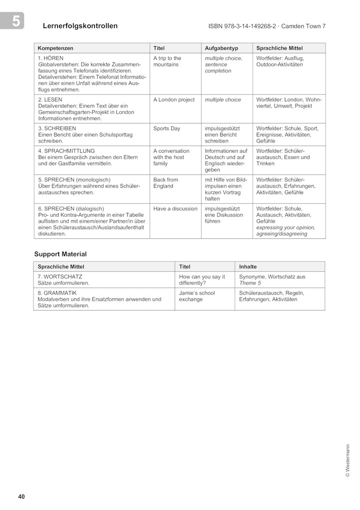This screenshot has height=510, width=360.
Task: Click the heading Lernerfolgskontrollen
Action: point(80,26)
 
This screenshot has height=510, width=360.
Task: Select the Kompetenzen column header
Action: point(55,48)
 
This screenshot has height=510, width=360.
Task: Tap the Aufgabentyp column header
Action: point(221,48)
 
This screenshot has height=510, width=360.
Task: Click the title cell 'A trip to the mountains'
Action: point(167,62)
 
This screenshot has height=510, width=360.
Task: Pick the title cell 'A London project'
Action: point(174,100)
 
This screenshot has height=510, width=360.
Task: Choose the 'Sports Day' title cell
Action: point(166,129)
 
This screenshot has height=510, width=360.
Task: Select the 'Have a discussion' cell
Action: point(175,209)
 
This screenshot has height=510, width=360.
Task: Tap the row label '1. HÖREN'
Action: point(50,58)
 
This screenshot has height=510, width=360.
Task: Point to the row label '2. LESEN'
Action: point(50,100)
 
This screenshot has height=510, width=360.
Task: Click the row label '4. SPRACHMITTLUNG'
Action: point(66,151)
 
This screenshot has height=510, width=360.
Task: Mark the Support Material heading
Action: point(60,254)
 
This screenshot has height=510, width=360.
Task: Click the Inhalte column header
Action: point(248,267)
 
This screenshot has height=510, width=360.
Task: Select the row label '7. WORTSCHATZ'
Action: point(60,276)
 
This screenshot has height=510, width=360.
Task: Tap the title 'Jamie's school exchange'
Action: point(197,296)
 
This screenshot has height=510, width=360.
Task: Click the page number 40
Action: point(21,496)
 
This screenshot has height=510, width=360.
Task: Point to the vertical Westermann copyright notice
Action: point(347,460)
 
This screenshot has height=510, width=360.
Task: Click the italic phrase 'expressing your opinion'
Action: point(285,227)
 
